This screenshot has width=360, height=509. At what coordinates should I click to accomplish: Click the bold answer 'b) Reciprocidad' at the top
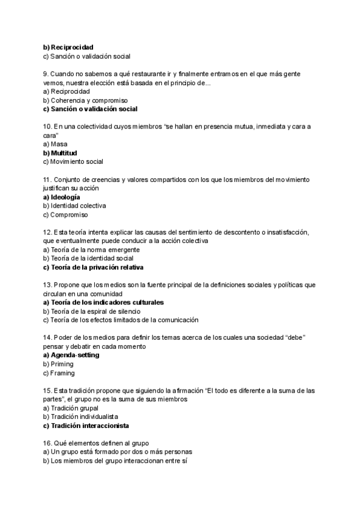(68, 47)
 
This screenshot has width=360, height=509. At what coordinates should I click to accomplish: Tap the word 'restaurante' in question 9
(159, 74)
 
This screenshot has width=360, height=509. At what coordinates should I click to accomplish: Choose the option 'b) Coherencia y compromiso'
(85, 100)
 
